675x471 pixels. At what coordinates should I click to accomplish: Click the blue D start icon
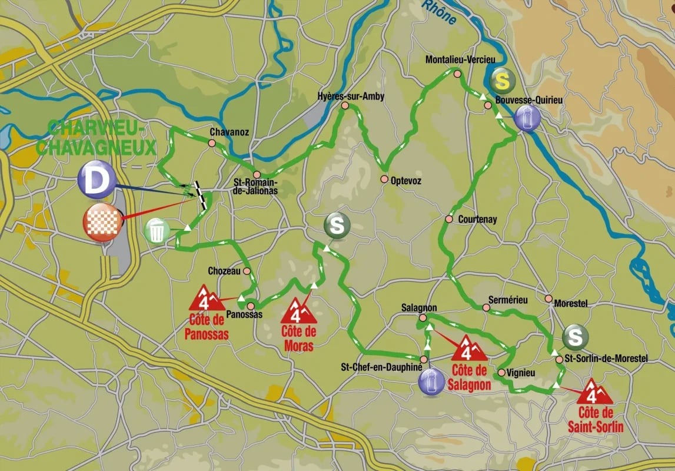97,180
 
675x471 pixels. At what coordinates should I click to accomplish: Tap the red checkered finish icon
104,223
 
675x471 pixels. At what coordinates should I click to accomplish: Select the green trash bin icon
157,230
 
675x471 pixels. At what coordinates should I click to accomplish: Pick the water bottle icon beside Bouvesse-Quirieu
527,118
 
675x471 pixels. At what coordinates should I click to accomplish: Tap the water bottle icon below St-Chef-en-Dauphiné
431,382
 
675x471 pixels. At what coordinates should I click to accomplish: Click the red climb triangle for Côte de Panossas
204,299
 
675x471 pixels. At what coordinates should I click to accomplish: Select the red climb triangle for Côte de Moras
299,311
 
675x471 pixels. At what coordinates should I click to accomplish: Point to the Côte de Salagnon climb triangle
468,349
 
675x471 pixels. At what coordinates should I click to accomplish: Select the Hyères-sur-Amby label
350,96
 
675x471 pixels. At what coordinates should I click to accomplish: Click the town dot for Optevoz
384,179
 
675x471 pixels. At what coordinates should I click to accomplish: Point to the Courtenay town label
477,220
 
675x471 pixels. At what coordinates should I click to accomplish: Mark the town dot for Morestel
548,298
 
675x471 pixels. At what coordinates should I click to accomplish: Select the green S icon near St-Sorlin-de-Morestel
575,337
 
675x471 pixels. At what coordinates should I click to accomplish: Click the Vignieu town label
520,372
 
